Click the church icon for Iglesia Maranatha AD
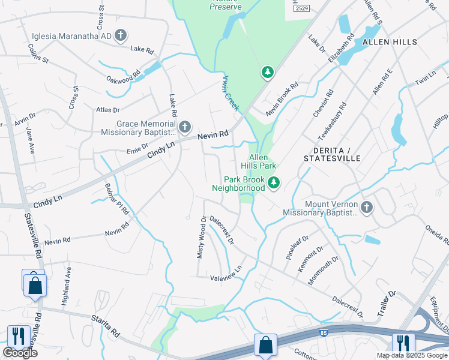121,35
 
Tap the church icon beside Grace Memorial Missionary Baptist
185,127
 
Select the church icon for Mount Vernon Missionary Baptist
366,208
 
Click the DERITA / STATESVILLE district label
331,153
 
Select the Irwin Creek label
231,92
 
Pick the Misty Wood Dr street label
202,238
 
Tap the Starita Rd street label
107,326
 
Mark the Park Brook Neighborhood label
238,184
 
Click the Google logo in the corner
20,353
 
